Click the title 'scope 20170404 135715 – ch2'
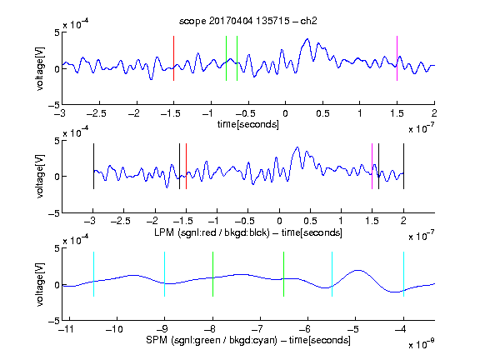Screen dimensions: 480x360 click(x=248, y=21)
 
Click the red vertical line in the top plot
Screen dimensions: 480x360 click(x=173, y=58)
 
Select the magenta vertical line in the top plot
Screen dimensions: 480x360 click(x=397, y=58)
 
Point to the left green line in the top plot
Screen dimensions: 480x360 click(x=226, y=58)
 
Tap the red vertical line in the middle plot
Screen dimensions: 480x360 click(x=186, y=166)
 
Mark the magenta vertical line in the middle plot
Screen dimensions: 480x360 click(x=372, y=166)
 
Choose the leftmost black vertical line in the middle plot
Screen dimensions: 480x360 click(x=93, y=166)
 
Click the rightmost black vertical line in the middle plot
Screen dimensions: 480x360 click(x=403, y=166)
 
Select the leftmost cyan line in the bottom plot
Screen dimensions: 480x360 click(x=93, y=274)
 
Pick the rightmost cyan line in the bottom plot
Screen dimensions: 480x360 click(x=403, y=274)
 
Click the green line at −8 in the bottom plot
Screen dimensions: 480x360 click(x=212, y=274)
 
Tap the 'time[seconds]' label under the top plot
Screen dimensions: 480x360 click(x=248, y=124)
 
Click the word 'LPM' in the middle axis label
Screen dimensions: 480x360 click(x=164, y=232)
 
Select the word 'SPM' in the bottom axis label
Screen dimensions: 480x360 click(x=157, y=340)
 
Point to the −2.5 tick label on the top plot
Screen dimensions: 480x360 click(x=97, y=113)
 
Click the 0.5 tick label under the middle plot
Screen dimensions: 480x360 click(x=310, y=221)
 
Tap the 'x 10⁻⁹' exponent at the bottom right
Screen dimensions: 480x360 click(x=421, y=344)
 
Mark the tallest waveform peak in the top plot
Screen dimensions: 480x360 click(x=307, y=39)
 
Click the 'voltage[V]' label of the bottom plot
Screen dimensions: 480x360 click(x=40, y=284)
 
